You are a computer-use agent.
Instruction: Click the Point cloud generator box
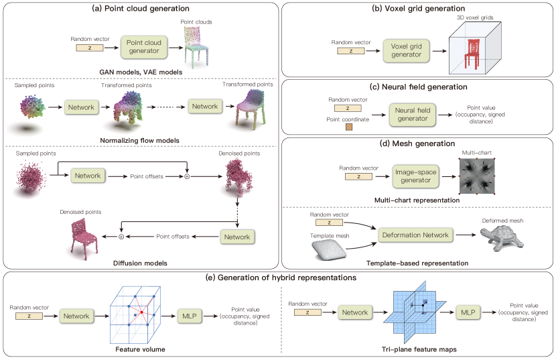point(144,47)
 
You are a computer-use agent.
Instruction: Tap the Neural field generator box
point(412,114)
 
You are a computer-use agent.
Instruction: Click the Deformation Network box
point(415,235)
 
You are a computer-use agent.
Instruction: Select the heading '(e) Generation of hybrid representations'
point(279,278)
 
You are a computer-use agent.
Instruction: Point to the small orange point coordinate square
point(348,127)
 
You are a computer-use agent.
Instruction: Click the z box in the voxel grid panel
point(352,50)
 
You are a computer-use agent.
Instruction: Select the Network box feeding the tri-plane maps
point(354,312)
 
